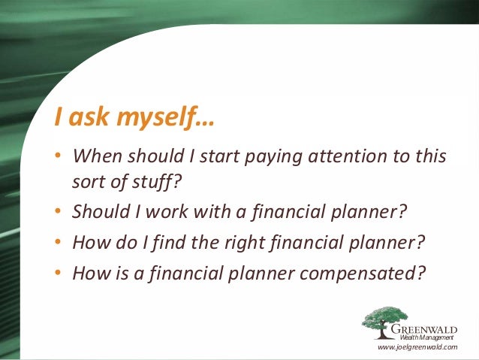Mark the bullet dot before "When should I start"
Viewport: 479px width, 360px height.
[58, 157]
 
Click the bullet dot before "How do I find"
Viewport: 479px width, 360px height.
[58, 243]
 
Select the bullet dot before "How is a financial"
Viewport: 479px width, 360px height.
[58, 272]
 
